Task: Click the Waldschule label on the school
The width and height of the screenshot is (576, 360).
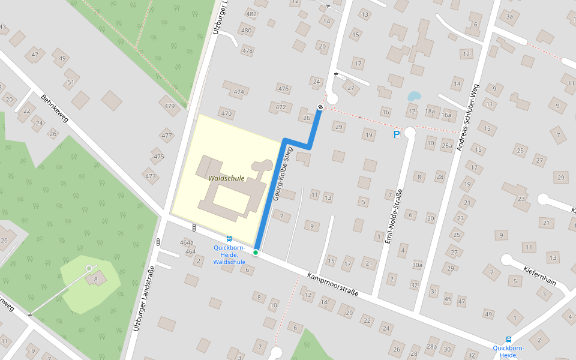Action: (227, 178)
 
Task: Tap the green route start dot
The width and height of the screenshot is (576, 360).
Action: (256, 253)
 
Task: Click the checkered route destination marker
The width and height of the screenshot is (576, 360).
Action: (320, 107)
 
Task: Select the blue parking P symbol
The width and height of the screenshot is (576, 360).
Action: (396, 134)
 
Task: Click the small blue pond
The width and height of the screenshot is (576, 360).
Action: (413, 96)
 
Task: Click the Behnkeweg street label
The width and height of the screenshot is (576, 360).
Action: (55, 108)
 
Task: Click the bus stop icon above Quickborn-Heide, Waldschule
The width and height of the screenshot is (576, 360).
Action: (229, 238)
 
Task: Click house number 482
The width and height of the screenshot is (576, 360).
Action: (251, 14)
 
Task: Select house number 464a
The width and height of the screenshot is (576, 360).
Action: (187, 242)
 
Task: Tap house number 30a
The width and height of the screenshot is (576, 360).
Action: (417, 265)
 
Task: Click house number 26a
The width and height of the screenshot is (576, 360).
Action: (447, 145)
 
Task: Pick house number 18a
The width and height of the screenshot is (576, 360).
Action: (430, 111)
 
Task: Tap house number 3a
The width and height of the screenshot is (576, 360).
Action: (509, 16)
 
